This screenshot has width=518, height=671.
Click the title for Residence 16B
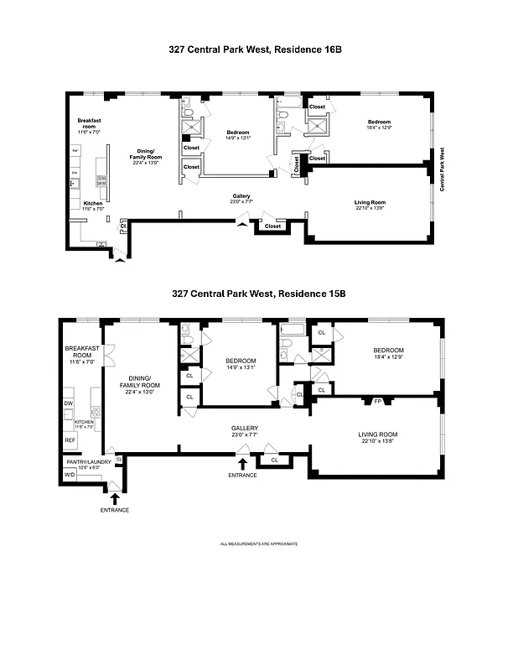pos(256,50)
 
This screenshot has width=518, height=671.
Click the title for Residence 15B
pos(258,294)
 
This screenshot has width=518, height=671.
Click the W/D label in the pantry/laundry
pos(69,476)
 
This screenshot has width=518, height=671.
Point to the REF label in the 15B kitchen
pos(70,439)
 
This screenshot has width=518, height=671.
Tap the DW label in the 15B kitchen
pos(69,403)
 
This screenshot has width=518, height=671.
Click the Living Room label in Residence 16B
pos(369,201)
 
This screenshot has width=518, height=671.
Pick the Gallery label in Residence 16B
pos(241,197)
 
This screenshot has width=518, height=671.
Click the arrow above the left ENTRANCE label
pos(115,498)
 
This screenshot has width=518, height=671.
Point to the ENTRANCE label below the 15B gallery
pos(243,475)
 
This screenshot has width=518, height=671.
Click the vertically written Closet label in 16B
pos(297,164)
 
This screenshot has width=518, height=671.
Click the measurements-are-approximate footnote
pos(258,544)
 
